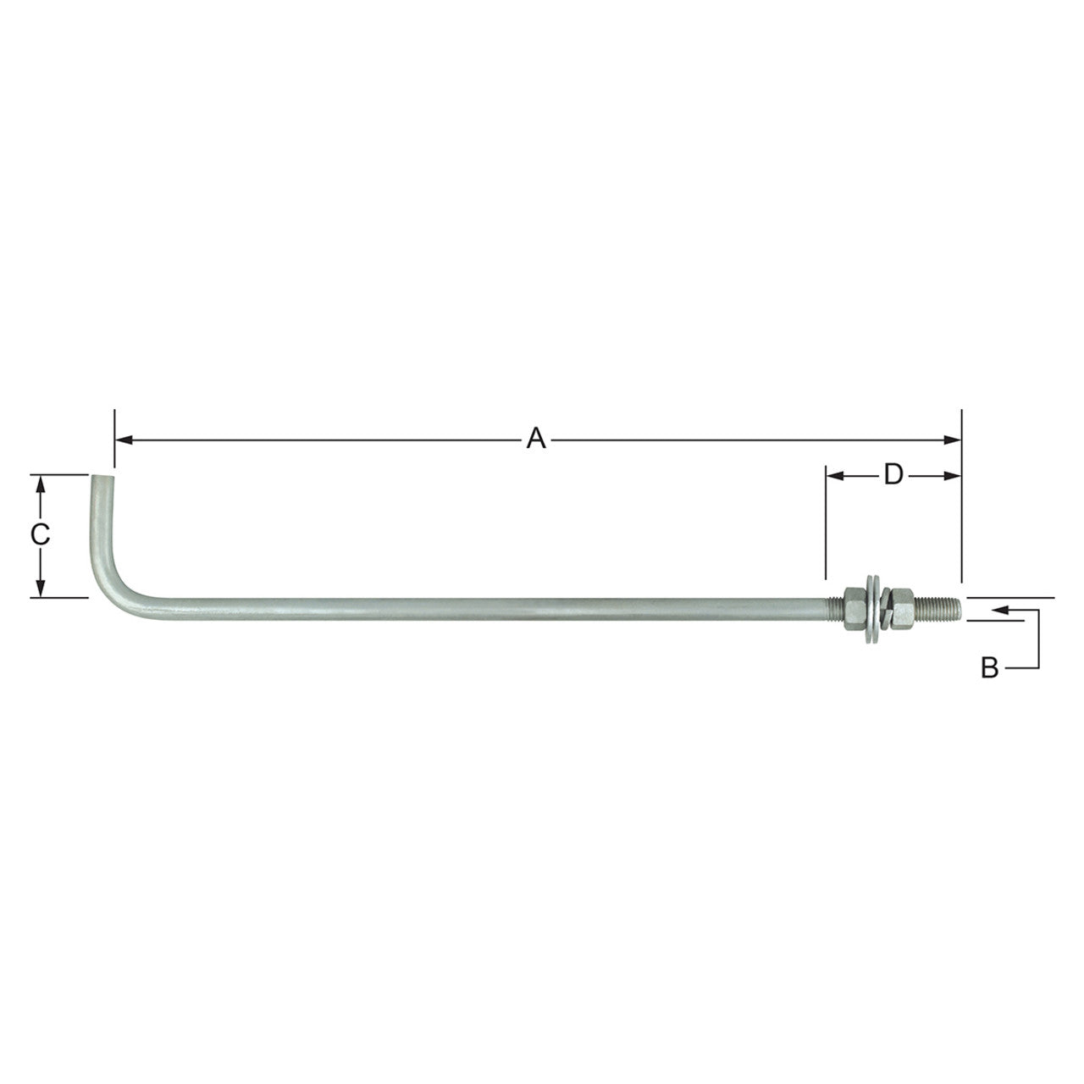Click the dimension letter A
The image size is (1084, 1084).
coord(534,440)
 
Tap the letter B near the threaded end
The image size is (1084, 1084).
coord(989,668)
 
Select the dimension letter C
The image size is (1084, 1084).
coord(39,535)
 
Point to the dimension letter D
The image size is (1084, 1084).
coord(893,475)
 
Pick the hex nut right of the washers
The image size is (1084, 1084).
coord(903,607)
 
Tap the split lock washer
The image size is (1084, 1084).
coord(885,608)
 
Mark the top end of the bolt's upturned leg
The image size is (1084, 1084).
coord(102,479)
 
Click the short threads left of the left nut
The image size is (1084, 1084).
coord(832,607)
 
